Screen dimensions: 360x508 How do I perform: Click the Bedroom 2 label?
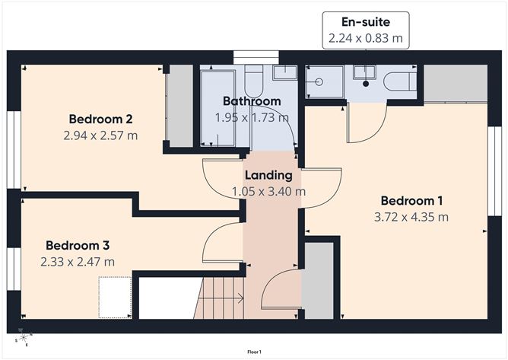[101, 119]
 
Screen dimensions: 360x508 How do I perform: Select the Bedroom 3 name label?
[78, 245]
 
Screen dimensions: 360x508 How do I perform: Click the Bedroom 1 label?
[411, 201]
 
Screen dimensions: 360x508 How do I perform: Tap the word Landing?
[268, 175]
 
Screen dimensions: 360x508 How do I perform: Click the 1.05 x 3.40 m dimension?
[268, 191]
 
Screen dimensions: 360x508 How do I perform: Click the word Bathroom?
[251, 101]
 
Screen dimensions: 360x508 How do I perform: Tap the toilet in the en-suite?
[398, 81]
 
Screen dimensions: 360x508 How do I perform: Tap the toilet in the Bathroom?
[255, 77]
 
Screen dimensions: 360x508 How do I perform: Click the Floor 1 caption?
[254, 352]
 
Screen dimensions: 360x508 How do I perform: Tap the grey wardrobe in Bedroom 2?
[181, 107]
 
